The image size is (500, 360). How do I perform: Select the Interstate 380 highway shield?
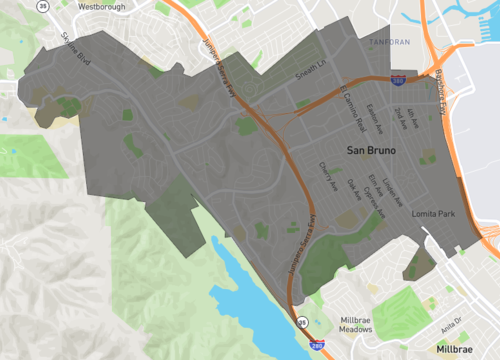point(398,79)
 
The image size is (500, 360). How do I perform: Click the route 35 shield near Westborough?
point(42,6)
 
